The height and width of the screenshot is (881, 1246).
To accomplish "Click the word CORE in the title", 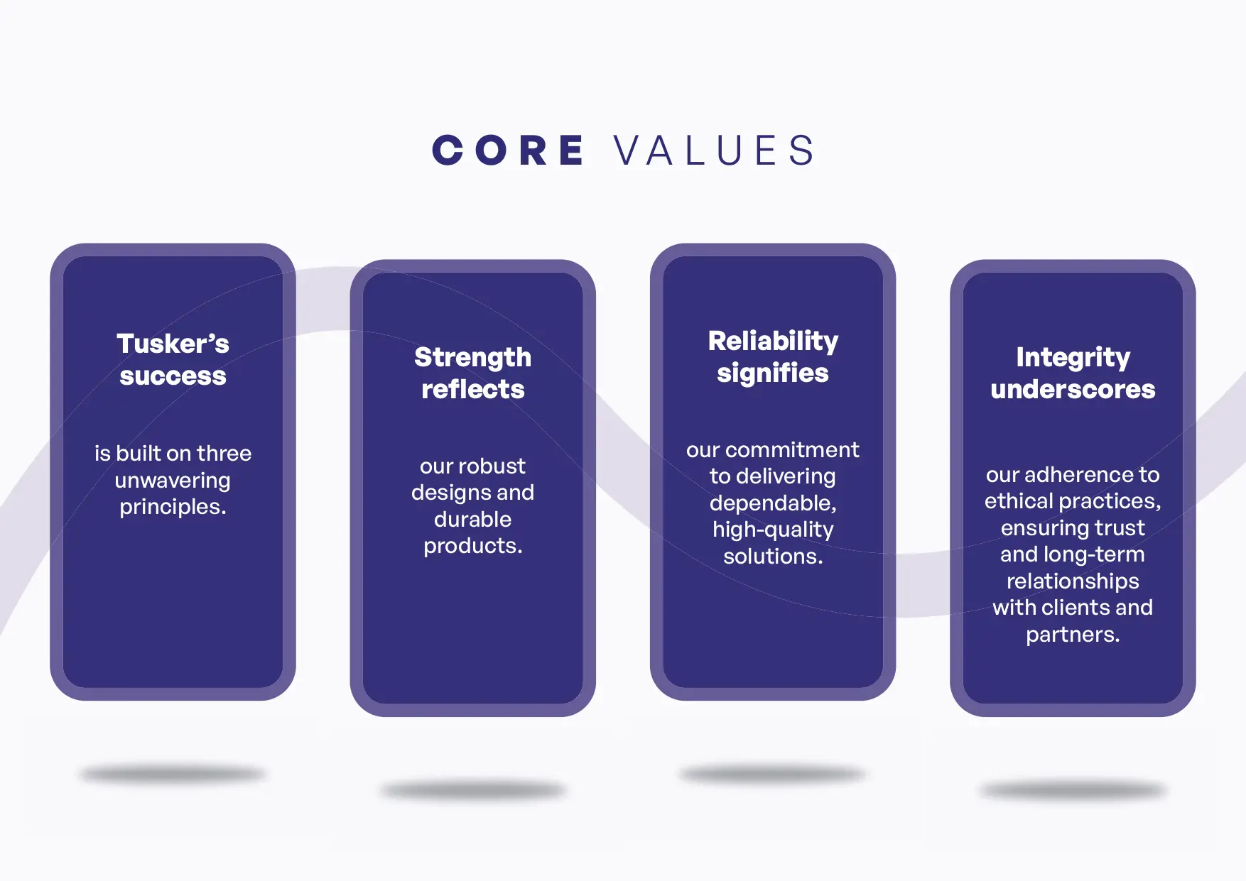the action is pyautogui.click(x=509, y=151).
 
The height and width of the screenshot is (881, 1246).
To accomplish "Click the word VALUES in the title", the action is pyautogui.click(x=714, y=151).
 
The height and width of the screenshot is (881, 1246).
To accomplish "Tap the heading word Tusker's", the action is pyautogui.click(x=173, y=344).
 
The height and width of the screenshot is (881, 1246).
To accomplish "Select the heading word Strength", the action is pyautogui.click(x=473, y=358).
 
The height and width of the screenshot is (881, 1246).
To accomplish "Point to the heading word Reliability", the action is pyautogui.click(x=773, y=341).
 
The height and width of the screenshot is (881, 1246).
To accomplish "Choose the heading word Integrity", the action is pyautogui.click(x=1073, y=358).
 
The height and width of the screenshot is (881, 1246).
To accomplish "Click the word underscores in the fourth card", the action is pyautogui.click(x=1073, y=389).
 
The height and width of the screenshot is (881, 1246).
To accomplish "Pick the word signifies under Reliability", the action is pyautogui.click(x=773, y=373).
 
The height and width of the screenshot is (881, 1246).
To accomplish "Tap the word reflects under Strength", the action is pyautogui.click(x=473, y=389).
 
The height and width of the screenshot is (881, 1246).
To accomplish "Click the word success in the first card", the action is pyautogui.click(x=173, y=376).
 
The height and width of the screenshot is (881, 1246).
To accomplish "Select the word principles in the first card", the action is pyautogui.click(x=170, y=507).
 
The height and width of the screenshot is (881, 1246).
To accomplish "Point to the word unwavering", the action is pyautogui.click(x=173, y=481).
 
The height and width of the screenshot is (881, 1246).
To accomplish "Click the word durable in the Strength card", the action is pyautogui.click(x=473, y=520).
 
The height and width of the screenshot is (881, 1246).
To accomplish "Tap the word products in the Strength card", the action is pyautogui.click(x=470, y=546).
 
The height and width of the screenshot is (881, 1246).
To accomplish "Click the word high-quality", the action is pyautogui.click(x=773, y=530).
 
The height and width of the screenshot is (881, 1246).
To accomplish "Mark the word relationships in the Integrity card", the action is pyautogui.click(x=1073, y=581).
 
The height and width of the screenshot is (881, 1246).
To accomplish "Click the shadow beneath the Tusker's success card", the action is pyautogui.click(x=173, y=774).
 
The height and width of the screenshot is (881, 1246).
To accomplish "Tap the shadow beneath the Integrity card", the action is pyautogui.click(x=1073, y=790).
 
